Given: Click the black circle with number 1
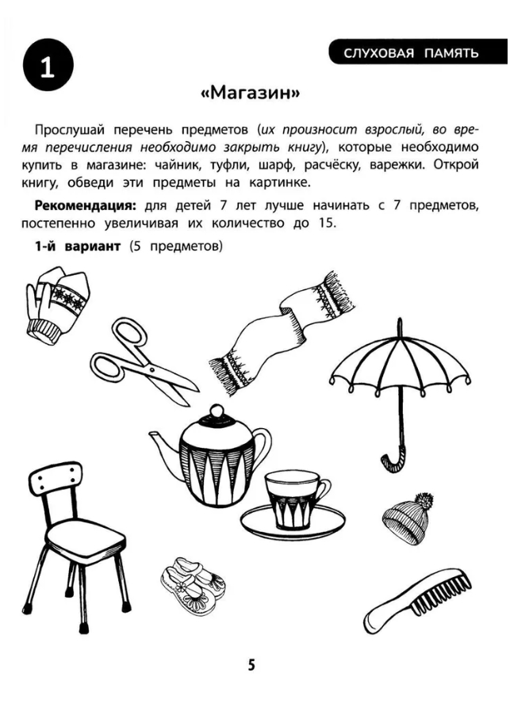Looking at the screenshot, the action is click(x=48, y=65).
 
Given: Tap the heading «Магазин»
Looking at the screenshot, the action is click(x=251, y=93).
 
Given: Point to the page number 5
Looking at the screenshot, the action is click(x=251, y=665).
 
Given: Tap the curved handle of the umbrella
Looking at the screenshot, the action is click(x=393, y=458).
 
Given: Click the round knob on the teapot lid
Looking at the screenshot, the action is click(x=214, y=411).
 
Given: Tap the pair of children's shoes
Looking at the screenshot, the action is click(x=194, y=586).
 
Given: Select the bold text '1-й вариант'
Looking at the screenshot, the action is click(x=78, y=247).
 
